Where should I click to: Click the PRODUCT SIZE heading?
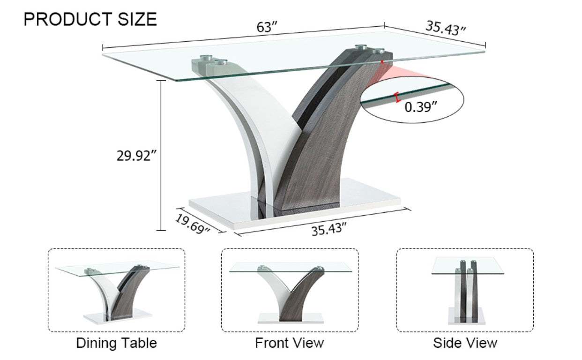[90, 19]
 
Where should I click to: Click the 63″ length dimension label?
[267, 27]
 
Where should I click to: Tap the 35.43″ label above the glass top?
[446, 28]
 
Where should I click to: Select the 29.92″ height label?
[137, 156]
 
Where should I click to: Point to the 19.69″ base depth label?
[192, 224]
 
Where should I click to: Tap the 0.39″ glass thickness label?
[421, 107]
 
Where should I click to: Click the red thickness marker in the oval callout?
[397, 97]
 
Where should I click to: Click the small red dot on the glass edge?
[382, 61]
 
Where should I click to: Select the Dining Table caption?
[116, 343]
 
